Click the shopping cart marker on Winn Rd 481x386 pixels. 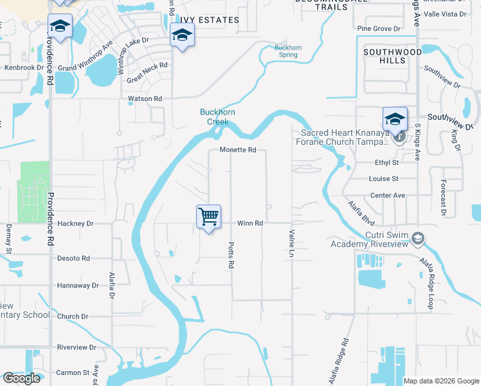tap(208, 217)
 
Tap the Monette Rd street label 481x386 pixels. tap(238, 150)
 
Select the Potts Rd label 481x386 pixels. tap(230, 256)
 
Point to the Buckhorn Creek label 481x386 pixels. tap(217, 116)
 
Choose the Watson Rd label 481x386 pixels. tap(145, 98)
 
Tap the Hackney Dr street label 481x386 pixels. tap(75, 223)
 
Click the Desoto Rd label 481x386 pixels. tap(73, 258)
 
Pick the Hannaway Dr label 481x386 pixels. tap(77, 285)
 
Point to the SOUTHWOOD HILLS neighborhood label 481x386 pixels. tap(392, 56)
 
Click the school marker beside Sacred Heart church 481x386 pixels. tap(395, 119)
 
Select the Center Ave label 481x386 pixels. tap(388, 195)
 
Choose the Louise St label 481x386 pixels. tap(384, 178)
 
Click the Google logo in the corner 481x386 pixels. tap(22, 378)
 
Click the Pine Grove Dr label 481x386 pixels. tap(379, 29)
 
